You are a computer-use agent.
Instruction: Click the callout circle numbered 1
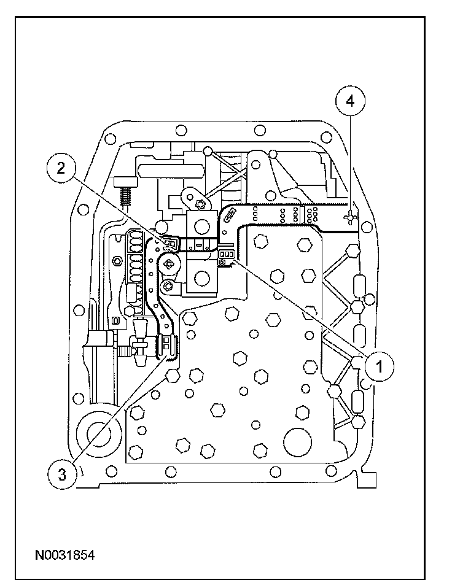(380, 366)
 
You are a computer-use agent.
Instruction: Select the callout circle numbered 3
(62, 474)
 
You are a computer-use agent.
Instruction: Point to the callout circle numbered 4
(350, 101)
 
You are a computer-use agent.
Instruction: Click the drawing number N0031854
(64, 555)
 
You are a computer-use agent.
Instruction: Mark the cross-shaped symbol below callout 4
(349, 217)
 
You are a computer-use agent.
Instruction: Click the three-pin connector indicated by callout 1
(226, 255)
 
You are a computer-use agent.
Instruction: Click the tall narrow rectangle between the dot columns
(301, 214)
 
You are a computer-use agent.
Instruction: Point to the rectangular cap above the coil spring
(126, 182)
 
